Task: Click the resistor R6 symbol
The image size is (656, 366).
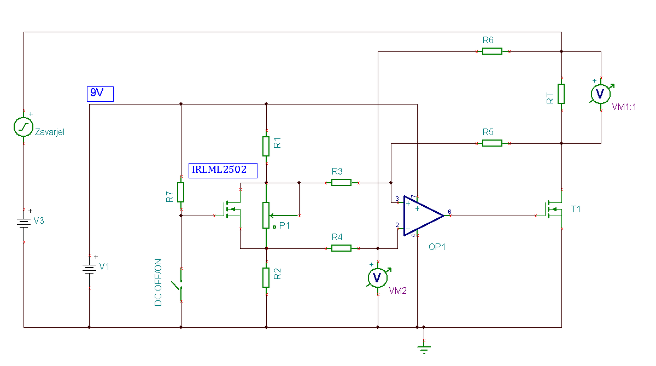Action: (x=493, y=51)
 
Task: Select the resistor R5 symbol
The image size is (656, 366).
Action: (x=493, y=143)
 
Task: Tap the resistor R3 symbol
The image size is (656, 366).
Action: (x=342, y=183)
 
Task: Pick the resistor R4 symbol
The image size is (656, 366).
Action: (x=342, y=248)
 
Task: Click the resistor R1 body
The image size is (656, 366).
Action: (x=266, y=146)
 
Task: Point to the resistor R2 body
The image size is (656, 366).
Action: (x=266, y=277)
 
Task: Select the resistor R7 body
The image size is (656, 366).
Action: (x=181, y=192)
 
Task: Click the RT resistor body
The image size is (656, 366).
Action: (x=561, y=94)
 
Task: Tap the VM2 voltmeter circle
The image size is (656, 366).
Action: (x=378, y=278)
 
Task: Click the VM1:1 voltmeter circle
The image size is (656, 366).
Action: (x=601, y=94)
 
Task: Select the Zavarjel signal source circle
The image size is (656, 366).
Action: (x=24, y=127)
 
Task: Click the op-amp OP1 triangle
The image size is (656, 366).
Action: (x=424, y=216)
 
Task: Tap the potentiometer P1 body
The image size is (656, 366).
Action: (x=266, y=216)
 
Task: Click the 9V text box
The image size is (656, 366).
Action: (x=100, y=94)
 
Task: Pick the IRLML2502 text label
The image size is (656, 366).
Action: (x=223, y=171)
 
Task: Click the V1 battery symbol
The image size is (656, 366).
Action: (x=89, y=269)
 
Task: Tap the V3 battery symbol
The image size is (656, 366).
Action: (x=24, y=223)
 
